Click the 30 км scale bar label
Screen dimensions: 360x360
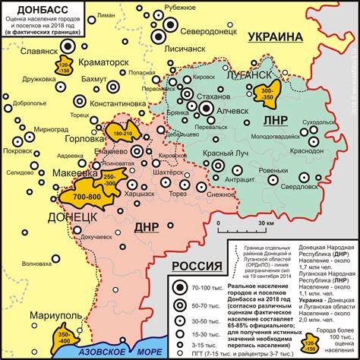coord(265,224)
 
